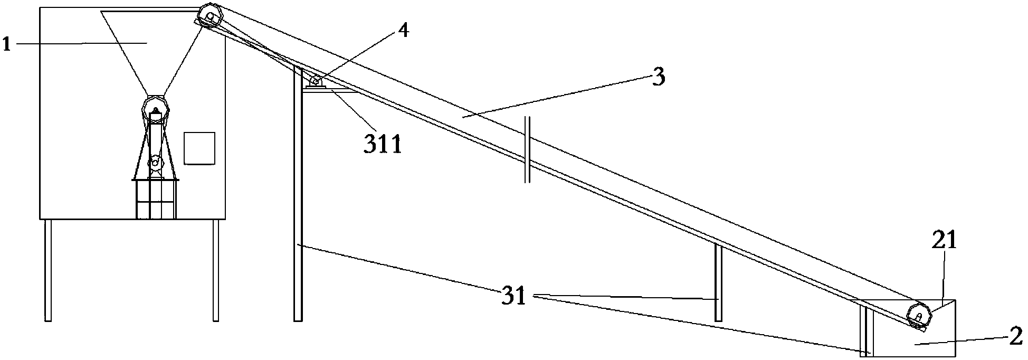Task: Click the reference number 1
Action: pyautogui.click(x=6, y=44)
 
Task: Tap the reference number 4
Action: pyautogui.click(x=403, y=31)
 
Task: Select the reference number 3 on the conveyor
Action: pyautogui.click(x=658, y=77)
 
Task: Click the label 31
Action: pyautogui.click(x=514, y=297)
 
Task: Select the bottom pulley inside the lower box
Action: pyautogui.click(x=919, y=317)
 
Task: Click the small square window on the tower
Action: pyautogui.click(x=199, y=148)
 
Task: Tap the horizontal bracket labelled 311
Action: pyautogui.click(x=327, y=90)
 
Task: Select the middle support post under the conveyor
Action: pyautogui.click(x=718, y=282)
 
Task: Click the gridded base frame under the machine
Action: pyautogui.click(x=155, y=199)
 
